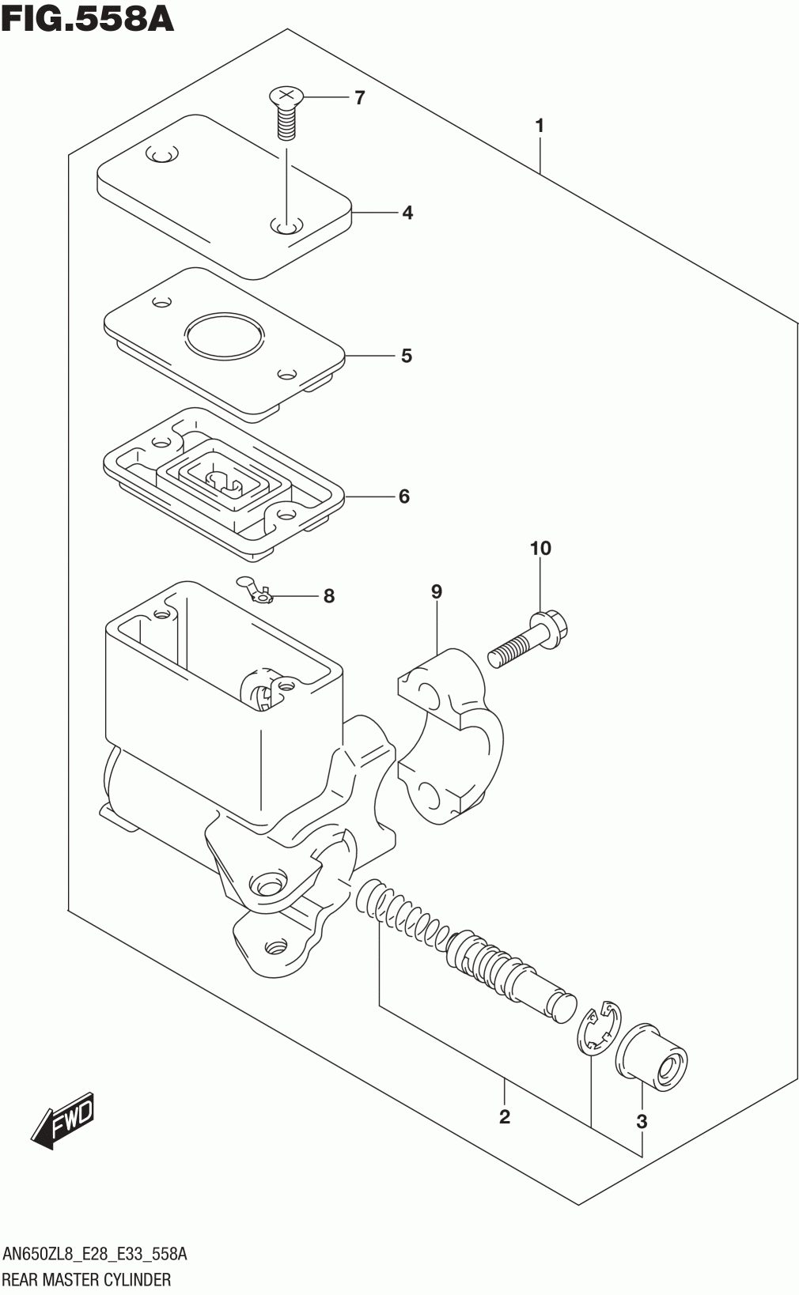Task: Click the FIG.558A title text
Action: (87, 18)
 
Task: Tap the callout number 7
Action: (359, 98)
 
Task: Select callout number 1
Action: (540, 126)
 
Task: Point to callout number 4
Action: (407, 213)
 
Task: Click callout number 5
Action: (407, 356)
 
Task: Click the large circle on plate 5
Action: (225, 336)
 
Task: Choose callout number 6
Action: (403, 496)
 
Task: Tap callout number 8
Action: (328, 596)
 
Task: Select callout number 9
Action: (436, 591)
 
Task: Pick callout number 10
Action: (540, 547)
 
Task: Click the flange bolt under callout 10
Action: (528, 639)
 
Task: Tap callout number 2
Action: (505, 1116)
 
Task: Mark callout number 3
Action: (641, 1122)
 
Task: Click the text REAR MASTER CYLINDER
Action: (87, 1279)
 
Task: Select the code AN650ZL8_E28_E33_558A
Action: (95, 1254)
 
